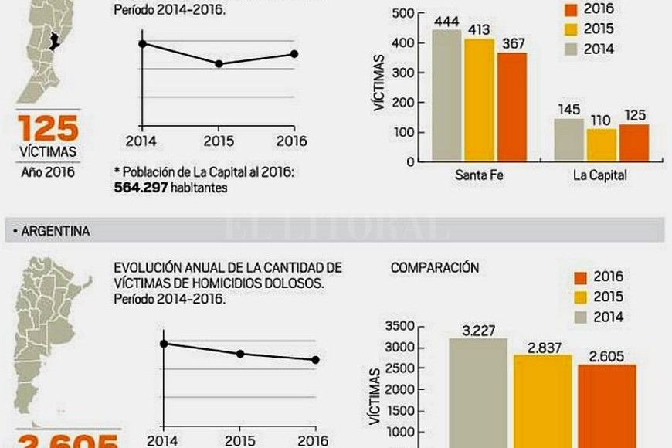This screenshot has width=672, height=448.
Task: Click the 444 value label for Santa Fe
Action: click(446, 21)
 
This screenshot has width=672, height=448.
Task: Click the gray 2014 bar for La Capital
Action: click(568, 140)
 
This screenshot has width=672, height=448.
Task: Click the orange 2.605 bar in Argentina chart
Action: click(606, 406)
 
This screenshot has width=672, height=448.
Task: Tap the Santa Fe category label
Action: click(479, 175)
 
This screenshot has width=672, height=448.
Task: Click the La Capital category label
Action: click(599, 175)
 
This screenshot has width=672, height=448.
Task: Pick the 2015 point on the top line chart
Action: click(219, 63)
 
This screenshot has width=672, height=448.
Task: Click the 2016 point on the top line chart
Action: click(294, 53)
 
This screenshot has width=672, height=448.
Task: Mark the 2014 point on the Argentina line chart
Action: click(163, 344)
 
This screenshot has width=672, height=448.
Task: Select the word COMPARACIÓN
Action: click(435, 267)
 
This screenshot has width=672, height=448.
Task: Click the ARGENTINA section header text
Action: click(55, 230)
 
